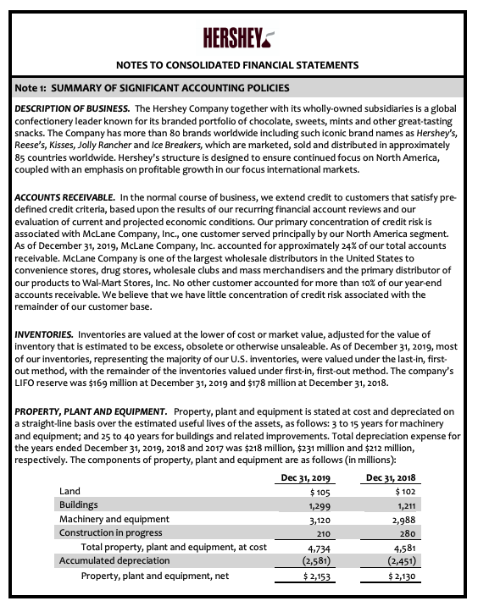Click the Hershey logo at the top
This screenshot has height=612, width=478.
tap(239, 38)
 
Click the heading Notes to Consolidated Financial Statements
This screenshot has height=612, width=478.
tap(239, 64)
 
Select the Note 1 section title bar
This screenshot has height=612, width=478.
tap(239, 88)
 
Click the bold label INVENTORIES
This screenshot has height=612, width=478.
tap(48, 336)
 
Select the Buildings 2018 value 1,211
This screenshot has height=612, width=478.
tap(406, 505)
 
